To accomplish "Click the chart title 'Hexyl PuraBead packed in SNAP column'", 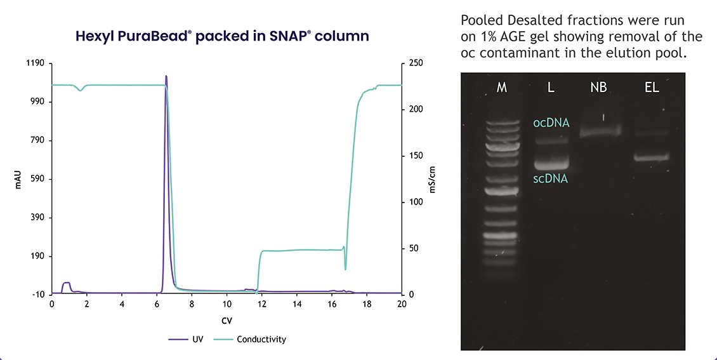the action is [222, 36].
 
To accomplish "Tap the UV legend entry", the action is [186, 340].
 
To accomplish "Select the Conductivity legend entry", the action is [249, 340].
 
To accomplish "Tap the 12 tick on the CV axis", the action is [261, 304].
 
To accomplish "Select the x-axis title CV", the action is [227, 321].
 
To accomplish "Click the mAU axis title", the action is [18, 179].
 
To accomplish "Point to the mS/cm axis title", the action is [432, 179].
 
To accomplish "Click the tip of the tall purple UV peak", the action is [166, 76].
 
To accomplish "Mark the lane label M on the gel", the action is [502, 88].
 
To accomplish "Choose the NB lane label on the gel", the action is [598, 88].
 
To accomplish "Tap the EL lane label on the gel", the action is [652, 88].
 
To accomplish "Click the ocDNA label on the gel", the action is [551, 123].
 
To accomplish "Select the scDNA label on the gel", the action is [551, 179].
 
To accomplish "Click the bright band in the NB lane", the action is [600, 132].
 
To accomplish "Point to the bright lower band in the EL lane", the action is [652, 157].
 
